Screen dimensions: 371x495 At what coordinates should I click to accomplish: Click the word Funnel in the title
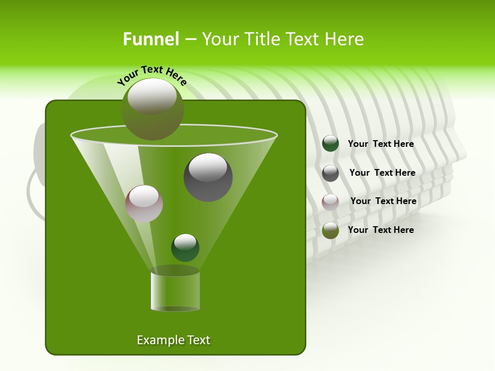point(151,39)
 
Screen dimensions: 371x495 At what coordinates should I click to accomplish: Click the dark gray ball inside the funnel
point(208,178)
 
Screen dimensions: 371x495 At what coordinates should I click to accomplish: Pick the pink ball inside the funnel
point(144,204)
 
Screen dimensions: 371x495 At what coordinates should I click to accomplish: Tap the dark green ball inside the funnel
point(185,248)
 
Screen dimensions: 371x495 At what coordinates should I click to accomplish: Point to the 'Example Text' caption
point(173,340)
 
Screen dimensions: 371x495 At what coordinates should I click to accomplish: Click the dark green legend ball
point(331,144)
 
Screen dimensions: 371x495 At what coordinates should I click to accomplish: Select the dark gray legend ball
point(331,173)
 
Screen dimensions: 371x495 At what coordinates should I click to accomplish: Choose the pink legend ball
point(331,201)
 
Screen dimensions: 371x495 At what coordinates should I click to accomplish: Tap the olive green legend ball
point(331,230)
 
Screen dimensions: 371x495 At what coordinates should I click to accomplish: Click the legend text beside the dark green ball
point(381,144)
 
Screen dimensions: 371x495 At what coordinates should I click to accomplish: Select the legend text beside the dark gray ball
point(382,173)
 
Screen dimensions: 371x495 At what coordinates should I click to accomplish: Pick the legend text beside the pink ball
point(383,201)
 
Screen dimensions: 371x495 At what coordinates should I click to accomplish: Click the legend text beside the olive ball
point(381,230)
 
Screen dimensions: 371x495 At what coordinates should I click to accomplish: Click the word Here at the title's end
point(345,39)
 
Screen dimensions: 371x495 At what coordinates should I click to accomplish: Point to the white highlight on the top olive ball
point(152,96)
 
